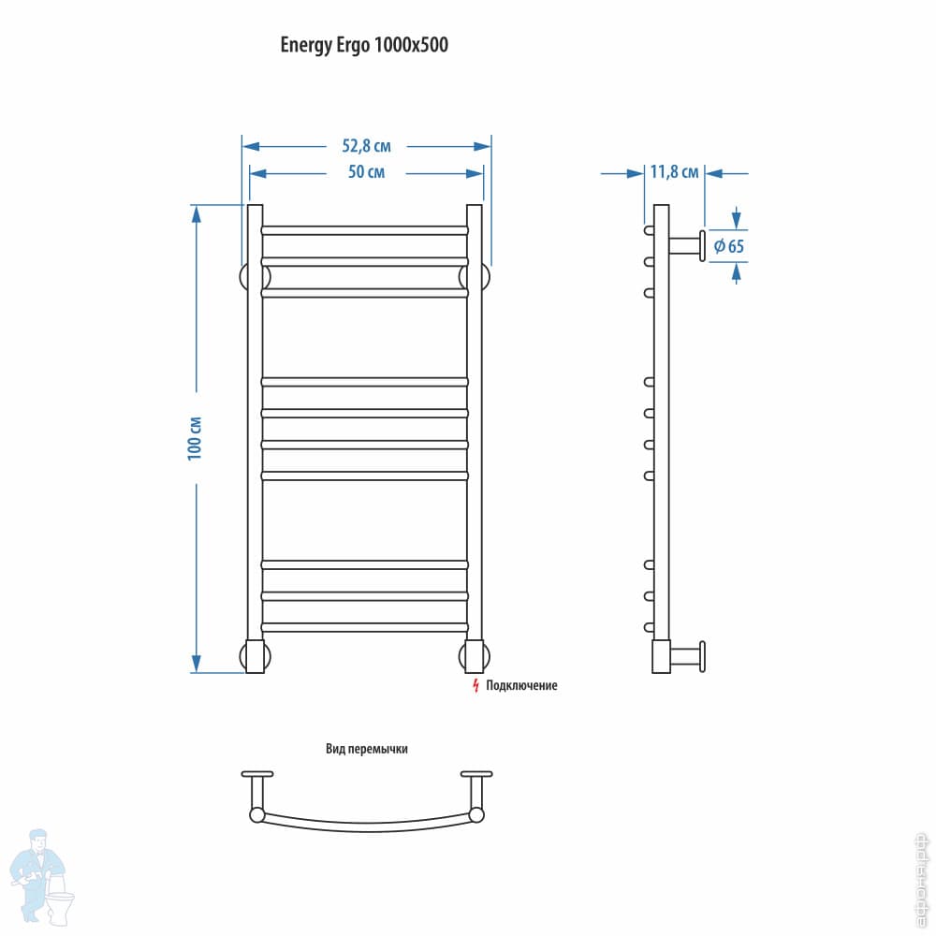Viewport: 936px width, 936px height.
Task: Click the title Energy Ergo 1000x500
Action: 364,46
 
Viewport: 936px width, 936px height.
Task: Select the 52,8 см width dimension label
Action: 366,146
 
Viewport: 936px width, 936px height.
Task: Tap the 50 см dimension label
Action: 366,172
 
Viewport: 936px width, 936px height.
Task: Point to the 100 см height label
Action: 195,437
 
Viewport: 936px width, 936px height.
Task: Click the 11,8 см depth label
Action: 674,172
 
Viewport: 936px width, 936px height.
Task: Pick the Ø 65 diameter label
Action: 728,247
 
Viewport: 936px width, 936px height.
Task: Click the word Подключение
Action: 521,686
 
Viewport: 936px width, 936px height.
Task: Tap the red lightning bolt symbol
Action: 475,686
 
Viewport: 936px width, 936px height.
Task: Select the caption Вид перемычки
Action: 366,749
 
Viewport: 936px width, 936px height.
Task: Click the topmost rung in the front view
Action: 364,229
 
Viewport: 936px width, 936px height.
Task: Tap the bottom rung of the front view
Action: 364,626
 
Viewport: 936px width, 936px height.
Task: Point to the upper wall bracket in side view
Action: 689,245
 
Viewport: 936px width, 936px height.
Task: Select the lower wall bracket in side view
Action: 689,656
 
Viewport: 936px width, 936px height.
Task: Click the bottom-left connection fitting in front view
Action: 255,656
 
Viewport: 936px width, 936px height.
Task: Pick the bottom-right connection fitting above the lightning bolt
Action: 475,656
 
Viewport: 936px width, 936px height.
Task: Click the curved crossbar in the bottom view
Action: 366,824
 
